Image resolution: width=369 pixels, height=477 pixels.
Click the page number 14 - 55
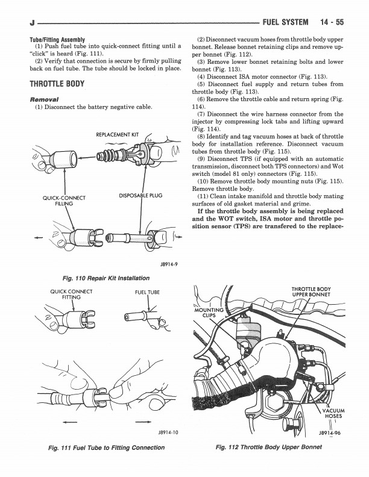click(332, 22)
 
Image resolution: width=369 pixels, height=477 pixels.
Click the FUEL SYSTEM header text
click(285, 22)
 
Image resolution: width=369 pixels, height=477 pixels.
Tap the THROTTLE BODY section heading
click(57, 84)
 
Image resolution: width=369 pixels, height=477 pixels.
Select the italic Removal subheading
click(44, 99)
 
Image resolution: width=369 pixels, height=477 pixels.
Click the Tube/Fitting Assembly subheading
click(57, 40)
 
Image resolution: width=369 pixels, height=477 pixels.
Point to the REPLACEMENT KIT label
click(117, 134)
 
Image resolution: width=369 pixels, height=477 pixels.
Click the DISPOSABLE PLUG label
click(140, 195)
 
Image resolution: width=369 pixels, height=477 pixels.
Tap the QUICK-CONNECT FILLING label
click(64, 201)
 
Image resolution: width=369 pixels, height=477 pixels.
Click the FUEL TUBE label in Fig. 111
click(147, 292)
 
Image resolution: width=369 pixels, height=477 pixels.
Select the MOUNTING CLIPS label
click(209, 313)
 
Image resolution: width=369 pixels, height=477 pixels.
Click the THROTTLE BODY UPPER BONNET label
click(311, 291)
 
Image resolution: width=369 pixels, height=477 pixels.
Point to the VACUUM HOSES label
click(333, 413)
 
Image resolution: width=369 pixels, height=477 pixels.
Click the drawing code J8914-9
click(169, 264)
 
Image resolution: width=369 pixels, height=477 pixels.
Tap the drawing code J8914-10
click(168, 432)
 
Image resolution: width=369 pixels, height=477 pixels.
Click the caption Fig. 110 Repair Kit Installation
click(106, 278)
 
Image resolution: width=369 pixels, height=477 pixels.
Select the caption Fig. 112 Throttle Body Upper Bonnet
click(268, 447)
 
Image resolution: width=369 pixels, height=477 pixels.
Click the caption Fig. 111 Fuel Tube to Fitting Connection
click(107, 447)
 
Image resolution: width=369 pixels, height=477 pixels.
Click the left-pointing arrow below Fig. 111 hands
click(70, 422)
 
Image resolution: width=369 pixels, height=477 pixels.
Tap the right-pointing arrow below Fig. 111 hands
click(143, 422)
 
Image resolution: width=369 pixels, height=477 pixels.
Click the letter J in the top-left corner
click(32, 23)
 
